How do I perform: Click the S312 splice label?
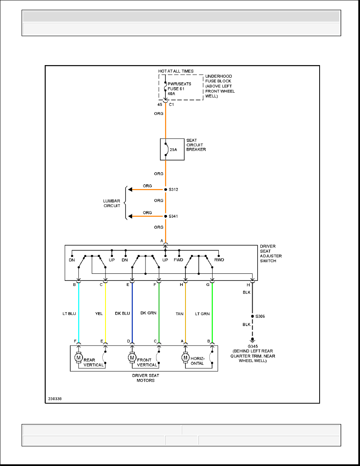tap(173, 189)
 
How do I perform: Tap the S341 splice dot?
tap(165, 217)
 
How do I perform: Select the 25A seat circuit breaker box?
tap(172, 149)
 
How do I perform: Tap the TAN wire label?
tap(179, 314)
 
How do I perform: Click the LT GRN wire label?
tap(202, 314)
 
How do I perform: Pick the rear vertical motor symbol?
tap(78, 357)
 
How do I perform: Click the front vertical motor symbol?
tap(132, 357)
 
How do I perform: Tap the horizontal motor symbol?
tap(185, 357)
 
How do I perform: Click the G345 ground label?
tap(253, 346)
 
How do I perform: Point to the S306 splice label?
tap(260, 316)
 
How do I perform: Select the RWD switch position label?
tap(219, 260)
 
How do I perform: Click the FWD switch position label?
tap(178, 260)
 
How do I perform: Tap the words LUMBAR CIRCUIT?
tap(112, 203)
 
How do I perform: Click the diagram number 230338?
tap(55, 399)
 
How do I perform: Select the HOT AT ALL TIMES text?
tap(176, 71)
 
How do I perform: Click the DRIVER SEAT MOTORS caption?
tap(145, 378)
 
